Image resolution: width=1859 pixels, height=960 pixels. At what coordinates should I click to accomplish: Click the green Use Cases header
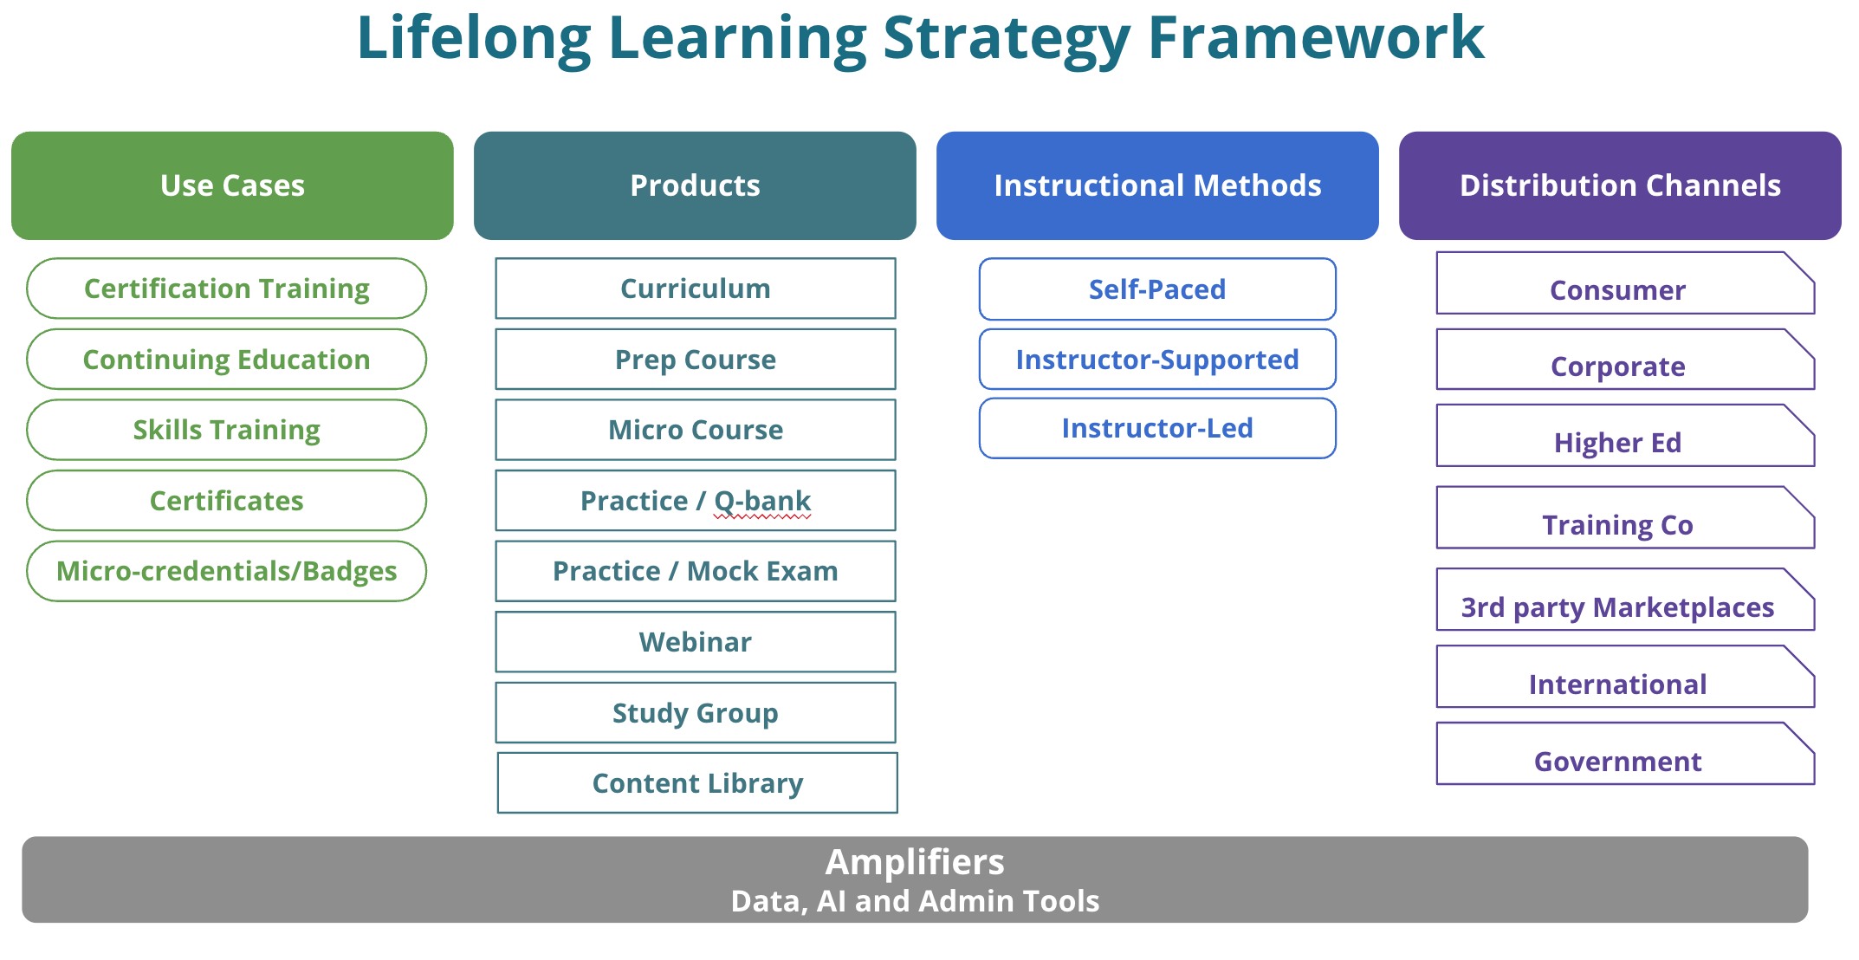[232, 185]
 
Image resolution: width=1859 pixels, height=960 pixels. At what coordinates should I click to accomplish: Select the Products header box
[695, 185]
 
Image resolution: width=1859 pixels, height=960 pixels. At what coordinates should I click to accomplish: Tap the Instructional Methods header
[1157, 185]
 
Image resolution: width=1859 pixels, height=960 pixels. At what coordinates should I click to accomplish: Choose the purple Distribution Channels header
[1620, 185]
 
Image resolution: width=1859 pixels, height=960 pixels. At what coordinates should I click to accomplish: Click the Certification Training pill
[226, 289]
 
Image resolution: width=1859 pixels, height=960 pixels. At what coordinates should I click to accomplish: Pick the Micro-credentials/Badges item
[226, 571]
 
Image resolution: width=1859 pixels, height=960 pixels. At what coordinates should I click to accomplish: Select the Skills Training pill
[226, 430]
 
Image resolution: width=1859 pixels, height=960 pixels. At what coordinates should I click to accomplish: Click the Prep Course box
[695, 360]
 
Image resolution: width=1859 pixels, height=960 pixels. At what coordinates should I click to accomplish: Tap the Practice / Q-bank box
[695, 501]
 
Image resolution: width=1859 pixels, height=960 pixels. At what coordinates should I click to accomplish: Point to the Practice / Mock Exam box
[695, 571]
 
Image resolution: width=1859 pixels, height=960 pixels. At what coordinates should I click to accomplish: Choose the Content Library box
[697, 783]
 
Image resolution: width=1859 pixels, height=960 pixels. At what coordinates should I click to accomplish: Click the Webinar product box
[695, 642]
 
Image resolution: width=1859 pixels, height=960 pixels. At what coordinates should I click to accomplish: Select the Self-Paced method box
[1157, 289]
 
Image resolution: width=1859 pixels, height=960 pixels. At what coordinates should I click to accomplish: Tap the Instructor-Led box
[1157, 428]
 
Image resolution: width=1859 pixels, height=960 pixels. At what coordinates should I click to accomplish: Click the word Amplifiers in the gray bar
[915, 862]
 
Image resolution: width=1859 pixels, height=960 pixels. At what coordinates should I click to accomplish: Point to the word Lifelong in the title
[474, 39]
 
